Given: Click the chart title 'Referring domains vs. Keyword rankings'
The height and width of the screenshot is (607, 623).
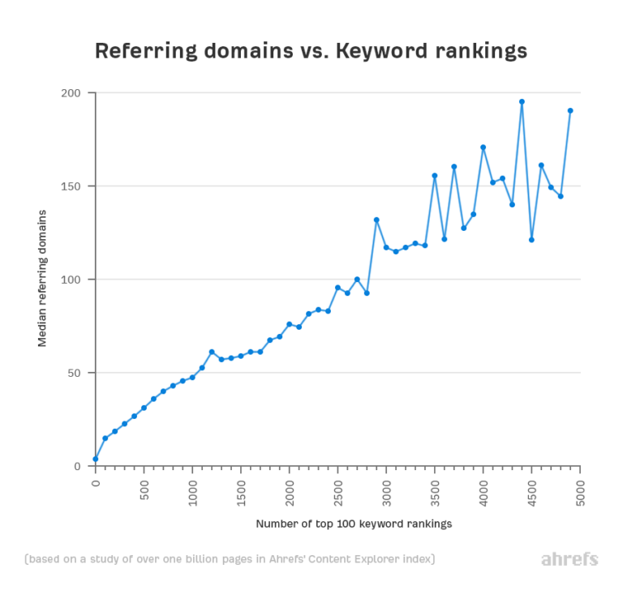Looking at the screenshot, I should pyautogui.click(x=311, y=51).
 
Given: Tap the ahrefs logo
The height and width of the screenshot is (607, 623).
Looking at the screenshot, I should pyautogui.click(x=569, y=559).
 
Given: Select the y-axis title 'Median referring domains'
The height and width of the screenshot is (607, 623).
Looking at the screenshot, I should pyautogui.click(x=42, y=278).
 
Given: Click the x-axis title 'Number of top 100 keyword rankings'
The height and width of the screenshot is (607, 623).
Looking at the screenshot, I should pyautogui.click(x=354, y=524).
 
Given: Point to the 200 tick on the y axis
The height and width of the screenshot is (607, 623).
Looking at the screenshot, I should pyautogui.click(x=73, y=93).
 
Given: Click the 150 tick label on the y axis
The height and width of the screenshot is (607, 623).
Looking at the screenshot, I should pyautogui.click(x=73, y=186).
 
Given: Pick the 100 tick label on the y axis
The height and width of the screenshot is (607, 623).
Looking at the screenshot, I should pyautogui.click(x=73, y=280).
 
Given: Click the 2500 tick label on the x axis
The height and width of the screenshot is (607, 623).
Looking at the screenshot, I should pyautogui.click(x=338, y=490).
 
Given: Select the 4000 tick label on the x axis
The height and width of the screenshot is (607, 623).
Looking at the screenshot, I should pyautogui.click(x=483, y=490).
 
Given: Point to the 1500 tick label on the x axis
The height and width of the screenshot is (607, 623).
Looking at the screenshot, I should pyautogui.click(x=241, y=490).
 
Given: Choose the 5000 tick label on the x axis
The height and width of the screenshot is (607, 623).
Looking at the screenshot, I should pyautogui.click(x=581, y=490).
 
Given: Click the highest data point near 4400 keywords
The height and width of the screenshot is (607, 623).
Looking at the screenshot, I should pyautogui.click(x=522, y=102).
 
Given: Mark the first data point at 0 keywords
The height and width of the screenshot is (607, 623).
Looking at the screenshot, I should pyautogui.click(x=96, y=459).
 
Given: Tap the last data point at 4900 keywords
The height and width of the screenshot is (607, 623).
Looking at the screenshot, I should pyautogui.click(x=570, y=110).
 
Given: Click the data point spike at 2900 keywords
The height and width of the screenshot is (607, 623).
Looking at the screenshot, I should pyautogui.click(x=376, y=220).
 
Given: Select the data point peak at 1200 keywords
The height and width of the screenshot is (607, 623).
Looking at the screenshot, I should pyautogui.click(x=212, y=352).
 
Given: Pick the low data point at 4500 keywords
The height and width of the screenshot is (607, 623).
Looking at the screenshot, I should pyautogui.click(x=531, y=240).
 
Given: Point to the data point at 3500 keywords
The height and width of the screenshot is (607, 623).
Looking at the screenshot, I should pyautogui.click(x=435, y=175).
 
